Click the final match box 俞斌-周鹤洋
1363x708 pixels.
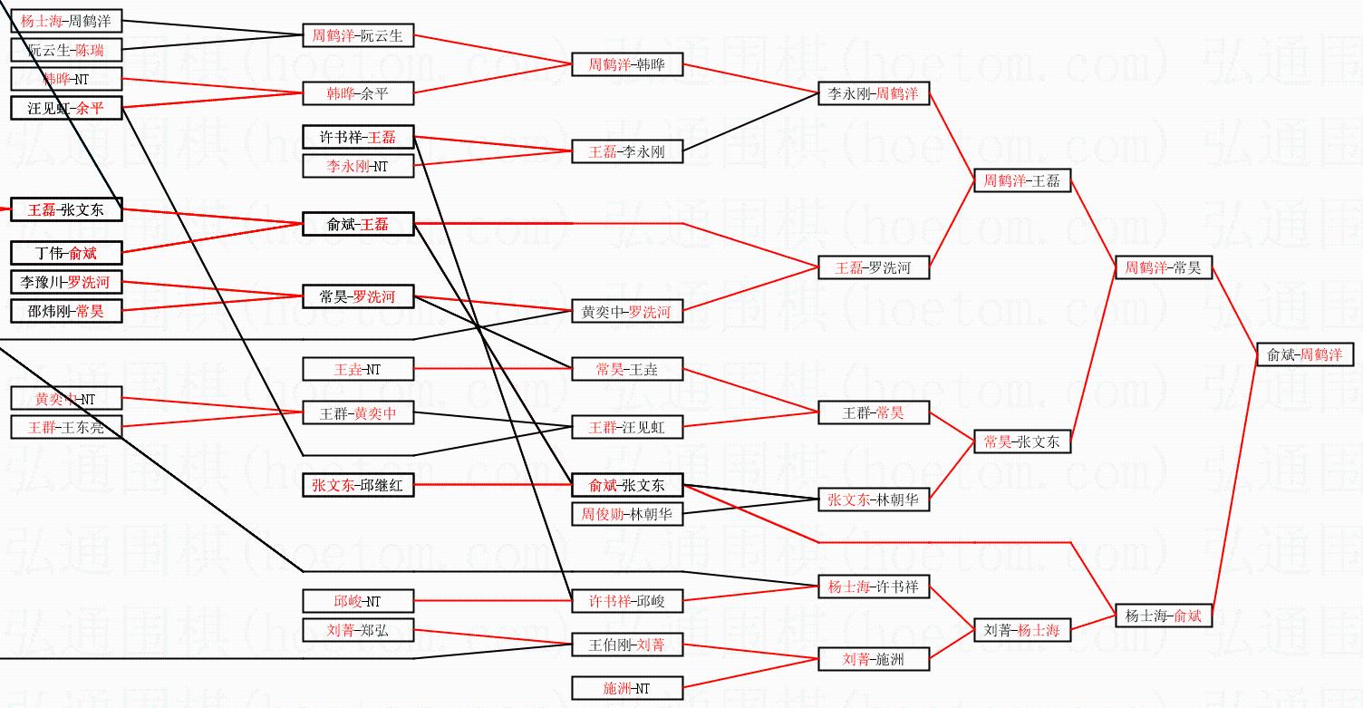(x=1305, y=354)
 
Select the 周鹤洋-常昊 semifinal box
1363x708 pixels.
(x=1163, y=267)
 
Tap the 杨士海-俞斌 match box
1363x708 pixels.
(x=1163, y=616)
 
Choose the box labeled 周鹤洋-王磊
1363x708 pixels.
(x=1021, y=180)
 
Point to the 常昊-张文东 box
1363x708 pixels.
(x=1021, y=441)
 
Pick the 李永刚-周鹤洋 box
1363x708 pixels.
(x=874, y=93)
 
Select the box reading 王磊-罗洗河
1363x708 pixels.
(x=874, y=267)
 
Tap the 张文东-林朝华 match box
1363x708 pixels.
(x=874, y=499)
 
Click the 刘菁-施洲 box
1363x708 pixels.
(x=874, y=659)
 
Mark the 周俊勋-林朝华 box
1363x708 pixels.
(x=627, y=514)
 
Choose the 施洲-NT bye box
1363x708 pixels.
(x=627, y=688)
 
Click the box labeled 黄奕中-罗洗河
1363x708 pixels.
(x=627, y=312)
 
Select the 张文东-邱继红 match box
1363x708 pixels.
(x=358, y=485)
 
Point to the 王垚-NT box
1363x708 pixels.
(x=358, y=369)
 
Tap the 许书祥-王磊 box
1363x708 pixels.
(x=358, y=138)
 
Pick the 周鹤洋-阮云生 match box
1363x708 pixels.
(x=358, y=36)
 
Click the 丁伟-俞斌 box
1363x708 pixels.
(x=66, y=253)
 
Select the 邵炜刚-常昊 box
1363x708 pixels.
(x=66, y=311)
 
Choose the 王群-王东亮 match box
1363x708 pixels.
(x=66, y=427)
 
